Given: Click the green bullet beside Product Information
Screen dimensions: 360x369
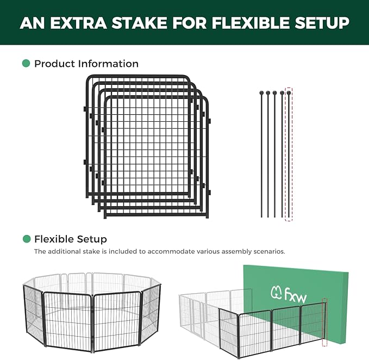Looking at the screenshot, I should click(26, 64).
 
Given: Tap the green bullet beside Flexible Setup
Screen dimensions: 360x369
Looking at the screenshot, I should click(26, 239).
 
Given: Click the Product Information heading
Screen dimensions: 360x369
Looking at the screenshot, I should click(86, 64).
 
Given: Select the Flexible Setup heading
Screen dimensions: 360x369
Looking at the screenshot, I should click(70, 239).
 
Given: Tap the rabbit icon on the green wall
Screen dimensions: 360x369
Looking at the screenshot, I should click(276, 293).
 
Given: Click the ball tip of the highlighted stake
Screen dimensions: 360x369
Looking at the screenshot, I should click(289, 93).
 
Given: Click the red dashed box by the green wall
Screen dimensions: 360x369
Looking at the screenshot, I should click(325, 322).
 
